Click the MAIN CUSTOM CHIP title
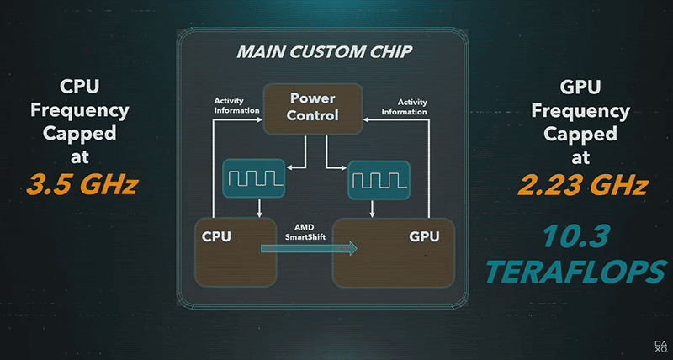(x=325, y=52)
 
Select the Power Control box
(x=313, y=109)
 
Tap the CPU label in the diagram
(x=216, y=236)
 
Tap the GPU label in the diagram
(x=424, y=236)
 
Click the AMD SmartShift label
(x=305, y=231)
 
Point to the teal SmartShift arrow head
(x=352, y=248)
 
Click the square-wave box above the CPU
(x=254, y=179)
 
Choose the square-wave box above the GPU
(x=379, y=180)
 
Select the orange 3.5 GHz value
(x=82, y=184)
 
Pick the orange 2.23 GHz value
(x=582, y=185)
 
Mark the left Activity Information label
(x=236, y=105)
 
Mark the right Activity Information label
(x=405, y=107)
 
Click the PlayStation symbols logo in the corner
(x=660, y=347)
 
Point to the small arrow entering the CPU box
(x=259, y=208)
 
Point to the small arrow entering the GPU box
(x=372, y=209)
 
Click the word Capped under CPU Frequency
(x=79, y=133)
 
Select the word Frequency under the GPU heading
(x=580, y=111)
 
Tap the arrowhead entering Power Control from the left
(x=260, y=119)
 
